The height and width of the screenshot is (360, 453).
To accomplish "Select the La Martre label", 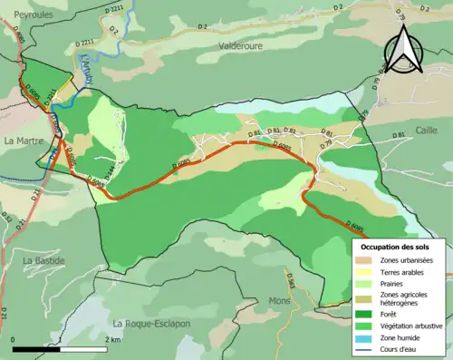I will click(x=22, y=141).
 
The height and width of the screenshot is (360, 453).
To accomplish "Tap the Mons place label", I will click(x=278, y=300).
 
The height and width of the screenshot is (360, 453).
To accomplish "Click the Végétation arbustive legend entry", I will click(x=406, y=323).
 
